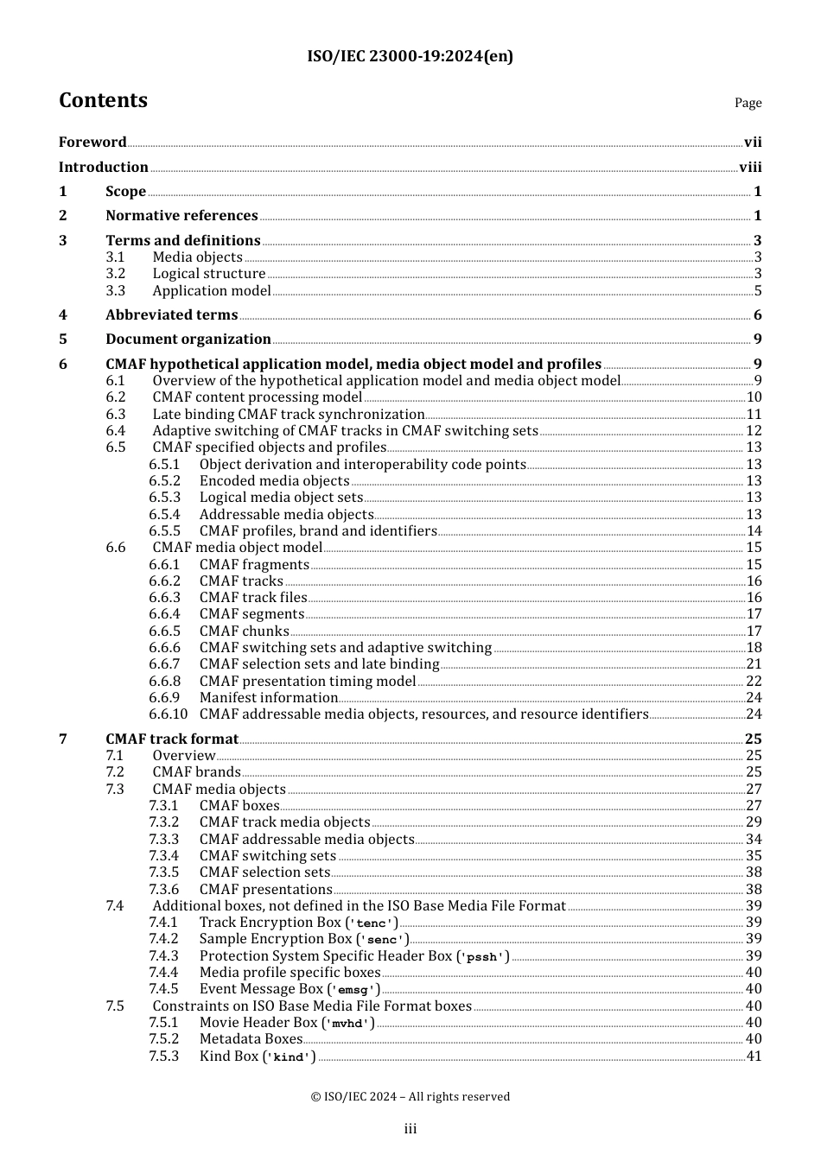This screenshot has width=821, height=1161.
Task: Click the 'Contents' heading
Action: (103, 101)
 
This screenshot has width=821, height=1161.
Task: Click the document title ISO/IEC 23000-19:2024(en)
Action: (410, 56)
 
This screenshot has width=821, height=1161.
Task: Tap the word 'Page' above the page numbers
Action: (748, 103)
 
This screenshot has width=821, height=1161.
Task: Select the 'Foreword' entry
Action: (92, 143)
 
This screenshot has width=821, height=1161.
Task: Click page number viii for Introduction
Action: (750, 168)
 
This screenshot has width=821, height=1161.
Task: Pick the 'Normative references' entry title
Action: (181, 216)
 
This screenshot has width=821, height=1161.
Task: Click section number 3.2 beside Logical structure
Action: (116, 274)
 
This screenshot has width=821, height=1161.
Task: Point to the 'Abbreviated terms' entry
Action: (171, 315)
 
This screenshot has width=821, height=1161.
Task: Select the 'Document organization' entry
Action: (188, 339)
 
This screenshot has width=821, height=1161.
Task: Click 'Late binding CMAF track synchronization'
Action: (289, 415)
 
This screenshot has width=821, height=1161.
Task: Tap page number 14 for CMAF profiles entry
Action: (754, 531)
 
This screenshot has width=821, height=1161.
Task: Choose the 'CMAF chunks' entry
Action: (244, 631)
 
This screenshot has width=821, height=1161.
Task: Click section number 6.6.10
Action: (168, 714)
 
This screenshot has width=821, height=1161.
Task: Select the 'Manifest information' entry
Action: (269, 698)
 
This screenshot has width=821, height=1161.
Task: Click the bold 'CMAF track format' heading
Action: (172, 739)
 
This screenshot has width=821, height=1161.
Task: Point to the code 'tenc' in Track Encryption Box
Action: (372, 923)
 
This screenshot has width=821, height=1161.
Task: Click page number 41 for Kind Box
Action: (754, 1056)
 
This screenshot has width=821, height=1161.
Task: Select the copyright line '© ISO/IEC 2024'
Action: (410, 1096)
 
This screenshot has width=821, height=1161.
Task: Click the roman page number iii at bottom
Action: (410, 1129)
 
